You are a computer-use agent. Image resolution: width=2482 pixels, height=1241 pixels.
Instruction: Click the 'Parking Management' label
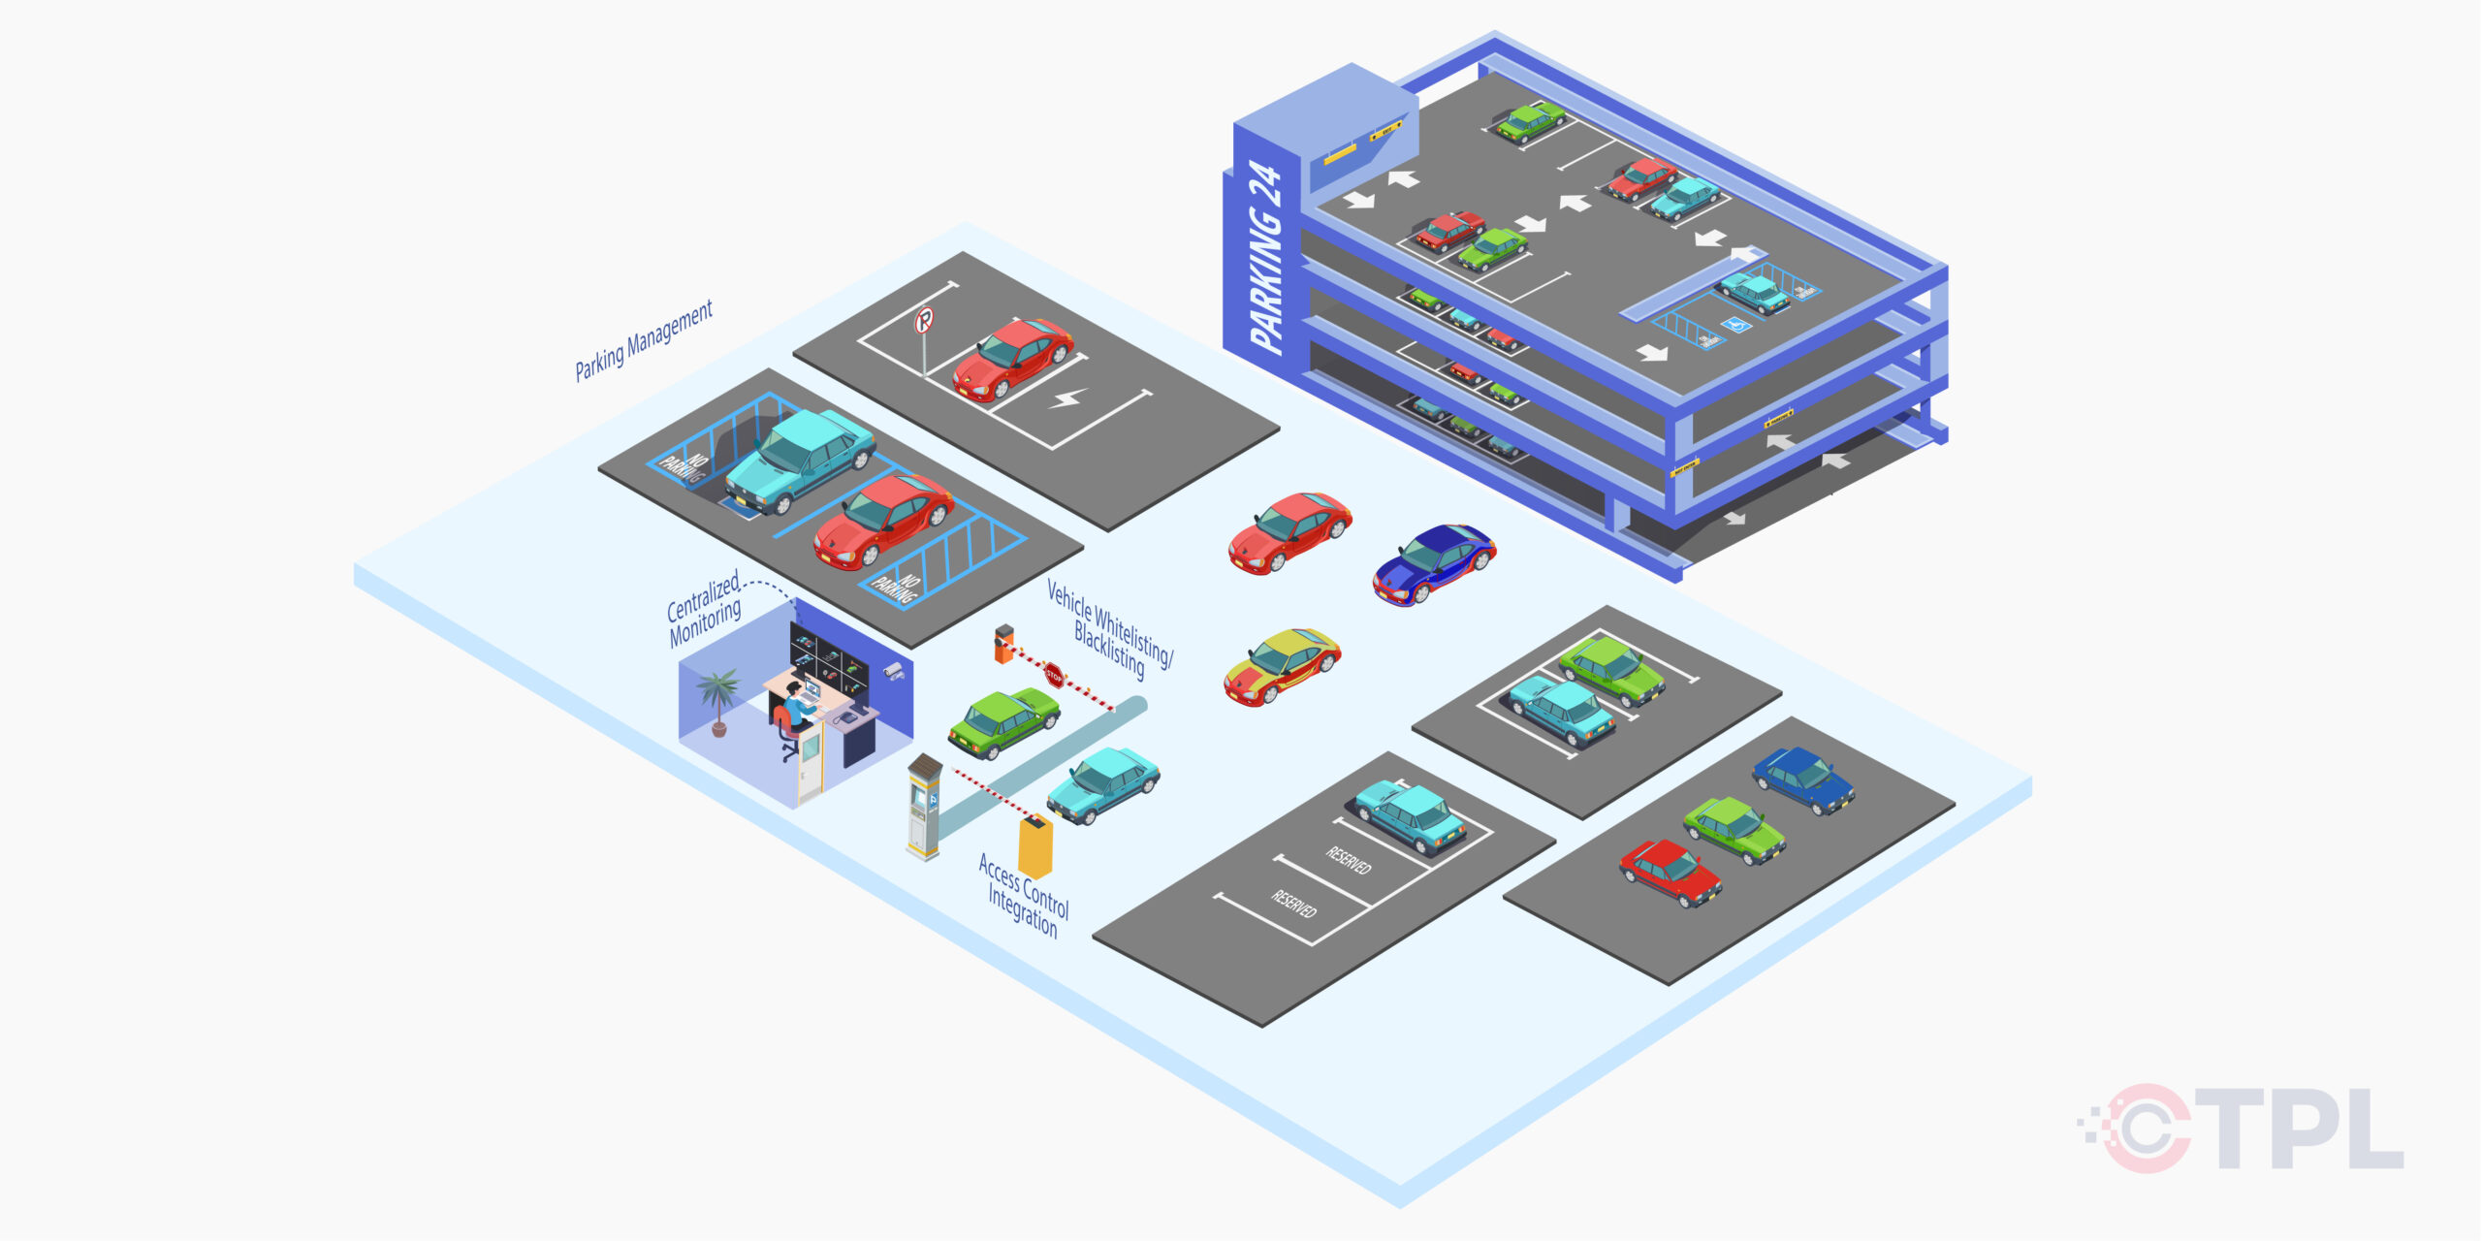(x=643, y=340)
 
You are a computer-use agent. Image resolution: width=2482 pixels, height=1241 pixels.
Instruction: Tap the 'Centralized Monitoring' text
(x=705, y=608)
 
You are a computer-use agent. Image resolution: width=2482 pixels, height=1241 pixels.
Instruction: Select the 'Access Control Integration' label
(x=1024, y=895)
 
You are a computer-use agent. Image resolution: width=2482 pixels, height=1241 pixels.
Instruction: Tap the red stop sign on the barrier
(x=1054, y=675)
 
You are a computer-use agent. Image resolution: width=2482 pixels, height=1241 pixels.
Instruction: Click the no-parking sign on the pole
(x=925, y=320)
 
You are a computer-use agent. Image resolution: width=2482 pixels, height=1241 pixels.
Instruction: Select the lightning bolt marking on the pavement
(x=1068, y=398)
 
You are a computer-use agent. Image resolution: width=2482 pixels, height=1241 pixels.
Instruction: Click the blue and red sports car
(x=1434, y=562)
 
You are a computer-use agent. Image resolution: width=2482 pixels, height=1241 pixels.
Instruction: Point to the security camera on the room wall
(x=893, y=670)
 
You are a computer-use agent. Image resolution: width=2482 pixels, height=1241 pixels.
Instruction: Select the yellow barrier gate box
(x=1035, y=845)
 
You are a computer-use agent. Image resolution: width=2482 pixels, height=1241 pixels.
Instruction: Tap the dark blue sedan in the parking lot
(x=1803, y=779)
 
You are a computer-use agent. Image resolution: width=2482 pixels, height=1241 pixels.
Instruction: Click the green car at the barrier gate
(x=1002, y=722)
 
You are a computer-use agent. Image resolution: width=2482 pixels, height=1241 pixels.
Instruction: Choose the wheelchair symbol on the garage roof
(x=1736, y=325)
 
